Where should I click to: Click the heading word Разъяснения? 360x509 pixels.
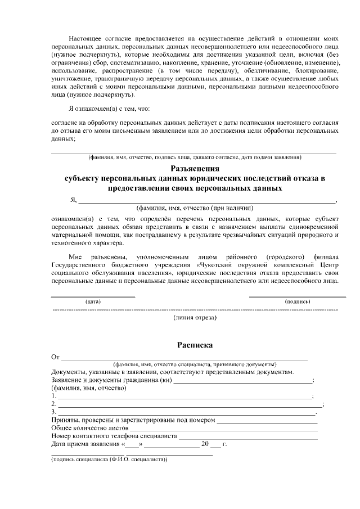click(x=194, y=168)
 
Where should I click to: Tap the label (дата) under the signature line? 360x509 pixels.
click(x=93, y=301)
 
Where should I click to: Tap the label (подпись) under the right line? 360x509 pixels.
click(x=298, y=301)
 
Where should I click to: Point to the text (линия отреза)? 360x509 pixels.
click(x=195, y=317)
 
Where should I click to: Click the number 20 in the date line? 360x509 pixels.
click(x=205, y=444)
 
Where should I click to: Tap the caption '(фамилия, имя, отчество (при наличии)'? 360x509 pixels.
click(x=195, y=208)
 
